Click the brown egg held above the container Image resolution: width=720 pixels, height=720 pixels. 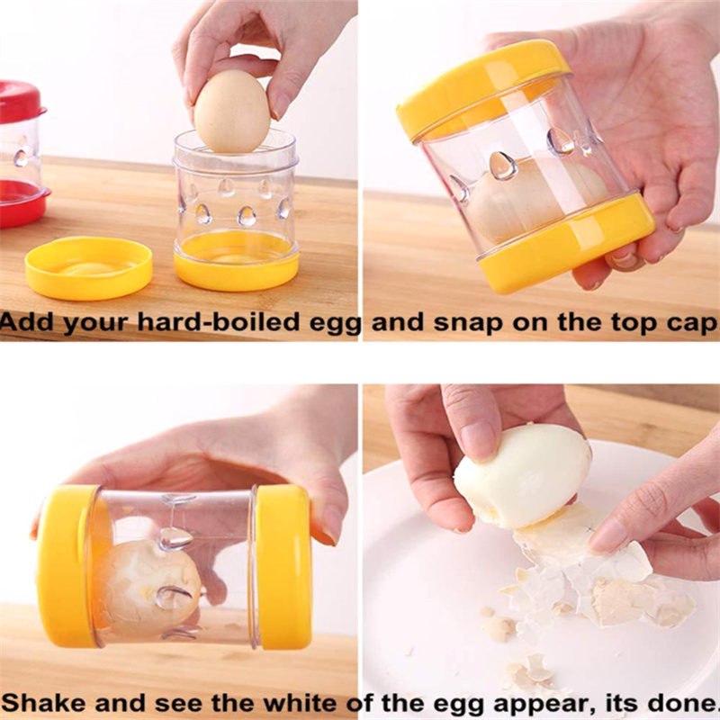232,111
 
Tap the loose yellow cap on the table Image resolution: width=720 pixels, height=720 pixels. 88,267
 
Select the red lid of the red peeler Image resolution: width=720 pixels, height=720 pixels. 21,102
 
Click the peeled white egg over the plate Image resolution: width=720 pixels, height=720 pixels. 522,476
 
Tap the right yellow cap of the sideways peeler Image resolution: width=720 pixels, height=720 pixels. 283,566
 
